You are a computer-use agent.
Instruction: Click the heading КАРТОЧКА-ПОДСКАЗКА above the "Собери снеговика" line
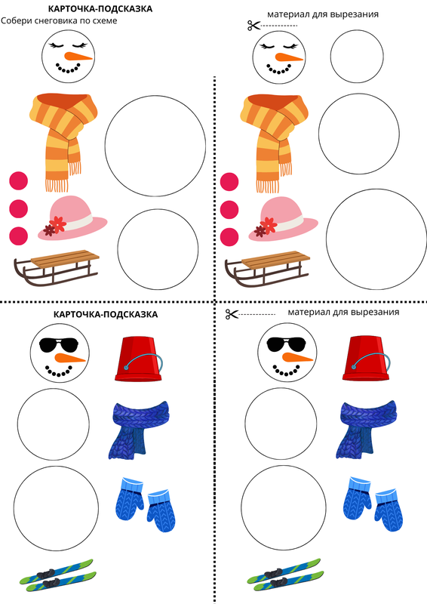(x=100, y=9)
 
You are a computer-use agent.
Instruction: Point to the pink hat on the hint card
(x=72, y=218)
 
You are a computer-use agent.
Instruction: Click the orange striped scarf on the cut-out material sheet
(x=274, y=143)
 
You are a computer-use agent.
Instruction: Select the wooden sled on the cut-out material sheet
(x=267, y=268)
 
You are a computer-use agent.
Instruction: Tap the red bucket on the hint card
(x=139, y=359)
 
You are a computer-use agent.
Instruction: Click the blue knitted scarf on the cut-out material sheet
(x=366, y=430)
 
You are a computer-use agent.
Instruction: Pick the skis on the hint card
(x=58, y=575)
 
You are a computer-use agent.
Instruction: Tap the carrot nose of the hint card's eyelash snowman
(x=78, y=57)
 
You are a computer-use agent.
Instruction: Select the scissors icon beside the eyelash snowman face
(x=254, y=26)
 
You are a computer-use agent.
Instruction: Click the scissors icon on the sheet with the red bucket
(x=232, y=314)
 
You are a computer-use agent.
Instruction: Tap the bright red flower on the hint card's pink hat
(x=58, y=224)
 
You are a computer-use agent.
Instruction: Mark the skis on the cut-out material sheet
(x=284, y=575)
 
